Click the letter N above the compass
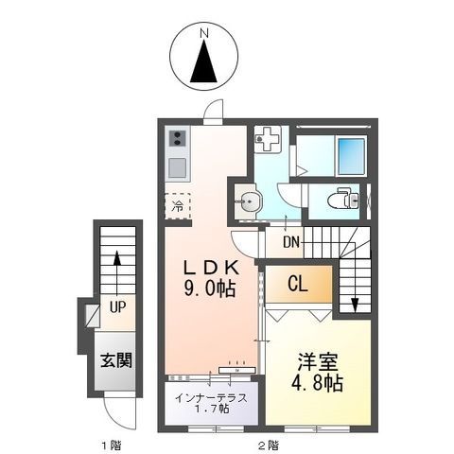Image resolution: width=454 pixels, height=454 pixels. (205, 33)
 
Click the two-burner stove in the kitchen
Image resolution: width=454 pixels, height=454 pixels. (177, 139)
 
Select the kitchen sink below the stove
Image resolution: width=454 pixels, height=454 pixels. (177, 167)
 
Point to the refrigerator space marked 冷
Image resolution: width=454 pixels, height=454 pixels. (178, 206)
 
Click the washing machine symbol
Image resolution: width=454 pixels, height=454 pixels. (268, 139)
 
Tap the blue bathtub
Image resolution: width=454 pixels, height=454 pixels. (351, 156)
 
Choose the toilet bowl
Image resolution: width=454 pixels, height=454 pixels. (342, 200)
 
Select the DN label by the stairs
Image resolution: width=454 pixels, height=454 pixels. (291, 242)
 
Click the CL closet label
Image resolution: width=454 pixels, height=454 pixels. (297, 285)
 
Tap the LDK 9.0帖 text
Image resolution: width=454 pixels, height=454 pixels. (211, 278)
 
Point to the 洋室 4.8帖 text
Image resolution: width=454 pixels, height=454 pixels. (317, 373)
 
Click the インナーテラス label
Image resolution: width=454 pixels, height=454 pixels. (211, 398)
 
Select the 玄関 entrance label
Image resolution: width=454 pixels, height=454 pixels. (116, 360)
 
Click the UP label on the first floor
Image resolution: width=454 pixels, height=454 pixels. (117, 306)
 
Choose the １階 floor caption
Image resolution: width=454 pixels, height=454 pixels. (112, 445)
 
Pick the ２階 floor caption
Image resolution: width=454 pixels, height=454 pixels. (268, 445)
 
